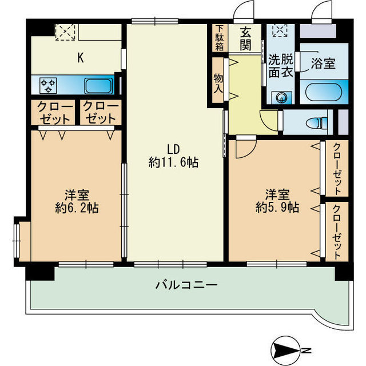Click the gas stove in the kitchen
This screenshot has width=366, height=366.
[48, 86]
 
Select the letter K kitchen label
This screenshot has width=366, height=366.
[81, 57]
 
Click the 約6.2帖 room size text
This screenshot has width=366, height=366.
[77, 208]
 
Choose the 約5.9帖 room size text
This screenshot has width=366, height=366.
[277, 208]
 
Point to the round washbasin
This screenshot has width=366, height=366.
[281, 98]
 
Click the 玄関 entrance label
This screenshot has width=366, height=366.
[245, 39]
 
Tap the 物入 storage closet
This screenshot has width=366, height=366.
[218, 80]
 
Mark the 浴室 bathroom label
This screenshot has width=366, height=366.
[323, 63]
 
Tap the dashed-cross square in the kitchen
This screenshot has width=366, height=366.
[60, 31]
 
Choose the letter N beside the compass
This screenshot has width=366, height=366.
[307, 349]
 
